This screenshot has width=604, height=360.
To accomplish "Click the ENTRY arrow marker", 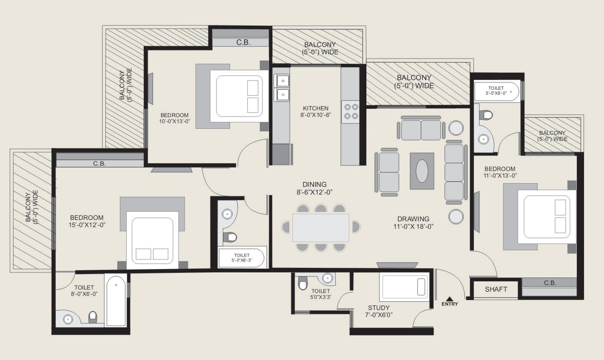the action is tap(450, 298).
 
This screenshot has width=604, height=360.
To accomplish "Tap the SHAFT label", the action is tap(496, 289).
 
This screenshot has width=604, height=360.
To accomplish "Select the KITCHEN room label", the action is tap(315, 108).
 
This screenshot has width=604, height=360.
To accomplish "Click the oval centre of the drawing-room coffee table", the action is tap(422, 171).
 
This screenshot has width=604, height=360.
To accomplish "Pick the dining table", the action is tap(321, 228).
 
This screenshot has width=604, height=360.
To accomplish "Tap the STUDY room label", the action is tap(379, 308).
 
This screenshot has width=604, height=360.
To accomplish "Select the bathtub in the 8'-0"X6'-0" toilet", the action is tap(116, 300).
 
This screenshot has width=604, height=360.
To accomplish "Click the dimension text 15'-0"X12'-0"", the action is tap(87, 225).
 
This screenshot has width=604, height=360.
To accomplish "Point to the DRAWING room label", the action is tap(413, 219).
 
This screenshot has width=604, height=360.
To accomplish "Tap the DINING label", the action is tap(315, 184).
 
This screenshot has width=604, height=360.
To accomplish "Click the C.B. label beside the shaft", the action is tap(550, 283).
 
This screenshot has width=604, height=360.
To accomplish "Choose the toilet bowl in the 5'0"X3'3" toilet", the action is tap(303, 283).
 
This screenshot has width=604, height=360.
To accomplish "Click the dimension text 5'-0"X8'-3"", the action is tap(241, 260).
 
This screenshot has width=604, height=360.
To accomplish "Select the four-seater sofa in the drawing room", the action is tap(454, 173).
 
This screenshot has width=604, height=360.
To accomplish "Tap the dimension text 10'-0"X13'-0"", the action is tap(174, 122).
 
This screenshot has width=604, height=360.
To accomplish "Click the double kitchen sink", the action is tap(282, 88).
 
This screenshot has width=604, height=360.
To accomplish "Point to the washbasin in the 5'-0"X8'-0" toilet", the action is tap(483, 139).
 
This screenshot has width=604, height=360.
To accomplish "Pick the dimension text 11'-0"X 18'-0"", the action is tap(413, 227).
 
